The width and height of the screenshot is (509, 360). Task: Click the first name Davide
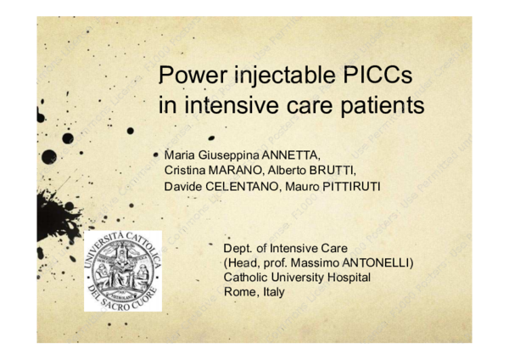[182, 186]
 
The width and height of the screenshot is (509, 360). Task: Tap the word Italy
[274, 291]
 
